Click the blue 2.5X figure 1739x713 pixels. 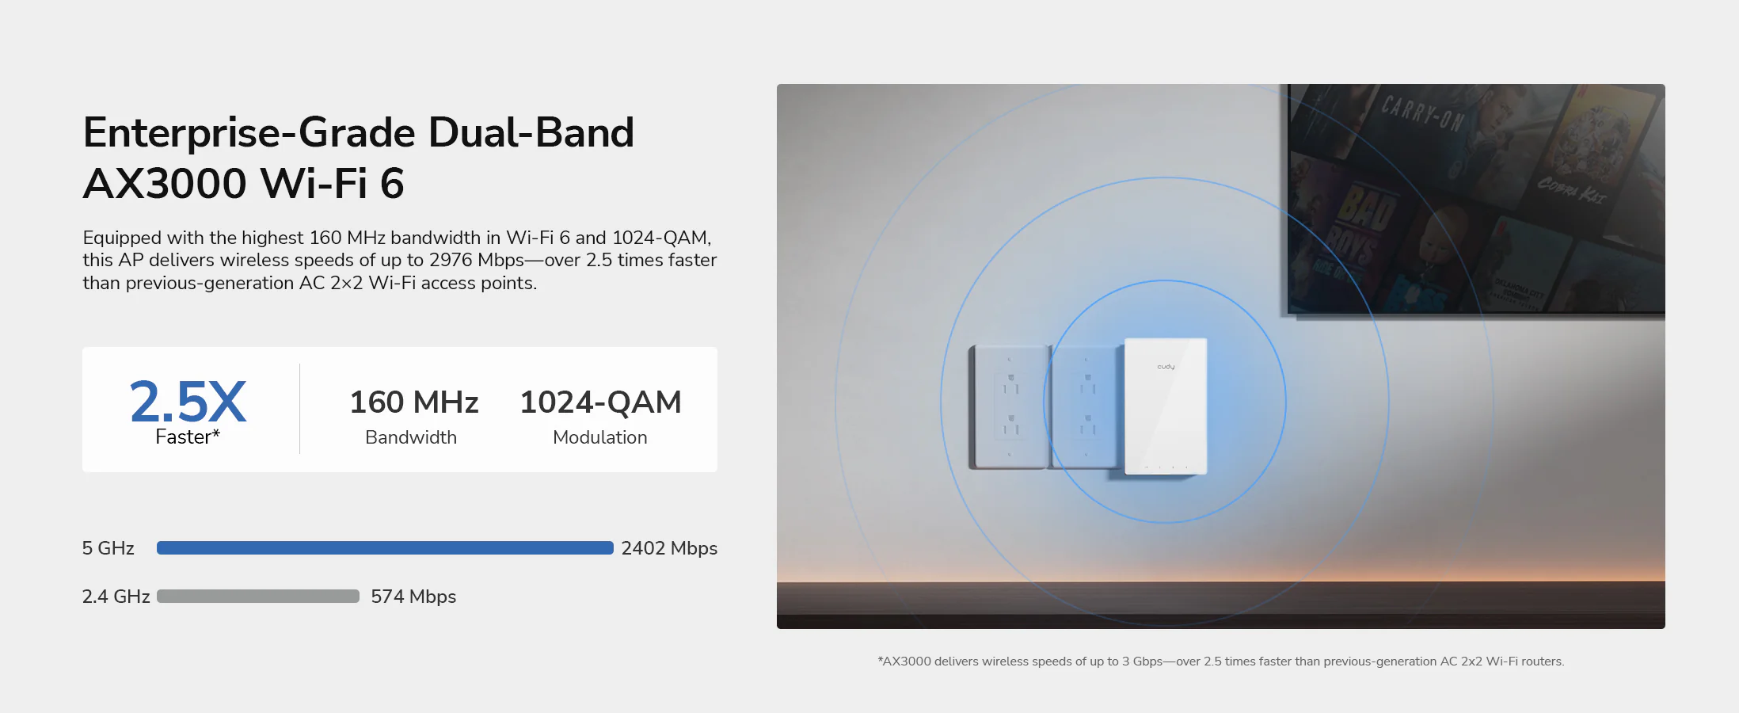pyautogui.click(x=188, y=401)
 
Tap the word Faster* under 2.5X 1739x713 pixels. pyautogui.click(x=188, y=437)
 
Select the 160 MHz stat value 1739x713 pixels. pyautogui.click(x=414, y=402)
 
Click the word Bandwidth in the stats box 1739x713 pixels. pyautogui.click(x=411, y=437)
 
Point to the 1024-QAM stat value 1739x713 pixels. pyautogui.click(x=600, y=402)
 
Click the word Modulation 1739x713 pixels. pyautogui.click(x=600, y=437)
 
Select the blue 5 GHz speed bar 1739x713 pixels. pyautogui.click(x=385, y=548)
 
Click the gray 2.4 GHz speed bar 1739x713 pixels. pyautogui.click(x=258, y=597)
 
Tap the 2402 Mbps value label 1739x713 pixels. pyautogui.click(x=669, y=548)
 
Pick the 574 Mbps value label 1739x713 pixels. pyautogui.click(x=413, y=597)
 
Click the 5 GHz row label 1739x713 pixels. pyautogui.click(x=108, y=548)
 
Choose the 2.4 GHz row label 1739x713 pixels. pyautogui.click(x=116, y=597)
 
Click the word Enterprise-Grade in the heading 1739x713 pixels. pyautogui.click(x=249, y=133)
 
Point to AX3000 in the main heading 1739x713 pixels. pyautogui.click(x=165, y=184)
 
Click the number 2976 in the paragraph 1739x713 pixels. pyautogui.click(x=451, y=260)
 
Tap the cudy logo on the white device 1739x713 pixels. pyautogui.click(x=1166, y=367)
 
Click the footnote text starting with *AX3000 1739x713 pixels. pyautogui.click(x=1221, y=662)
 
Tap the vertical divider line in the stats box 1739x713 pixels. pyautogui.click(x=300, y=409)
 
